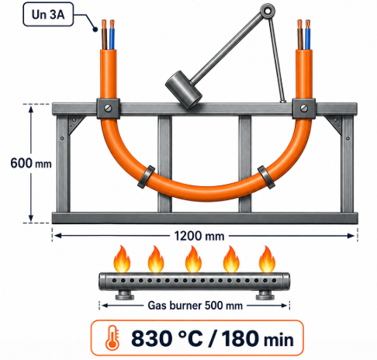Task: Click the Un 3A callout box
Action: point(48,14)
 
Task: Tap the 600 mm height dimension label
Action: point(31,164)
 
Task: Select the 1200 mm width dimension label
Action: point(199,236)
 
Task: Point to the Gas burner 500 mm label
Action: point(195,306)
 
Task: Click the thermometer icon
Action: point(112,338)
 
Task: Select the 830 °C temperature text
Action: point(167,338)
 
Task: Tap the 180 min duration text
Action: point(258,338)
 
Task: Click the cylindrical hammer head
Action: point(184,90)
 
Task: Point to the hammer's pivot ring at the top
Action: point(268,11)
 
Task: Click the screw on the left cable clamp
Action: point(109,108)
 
